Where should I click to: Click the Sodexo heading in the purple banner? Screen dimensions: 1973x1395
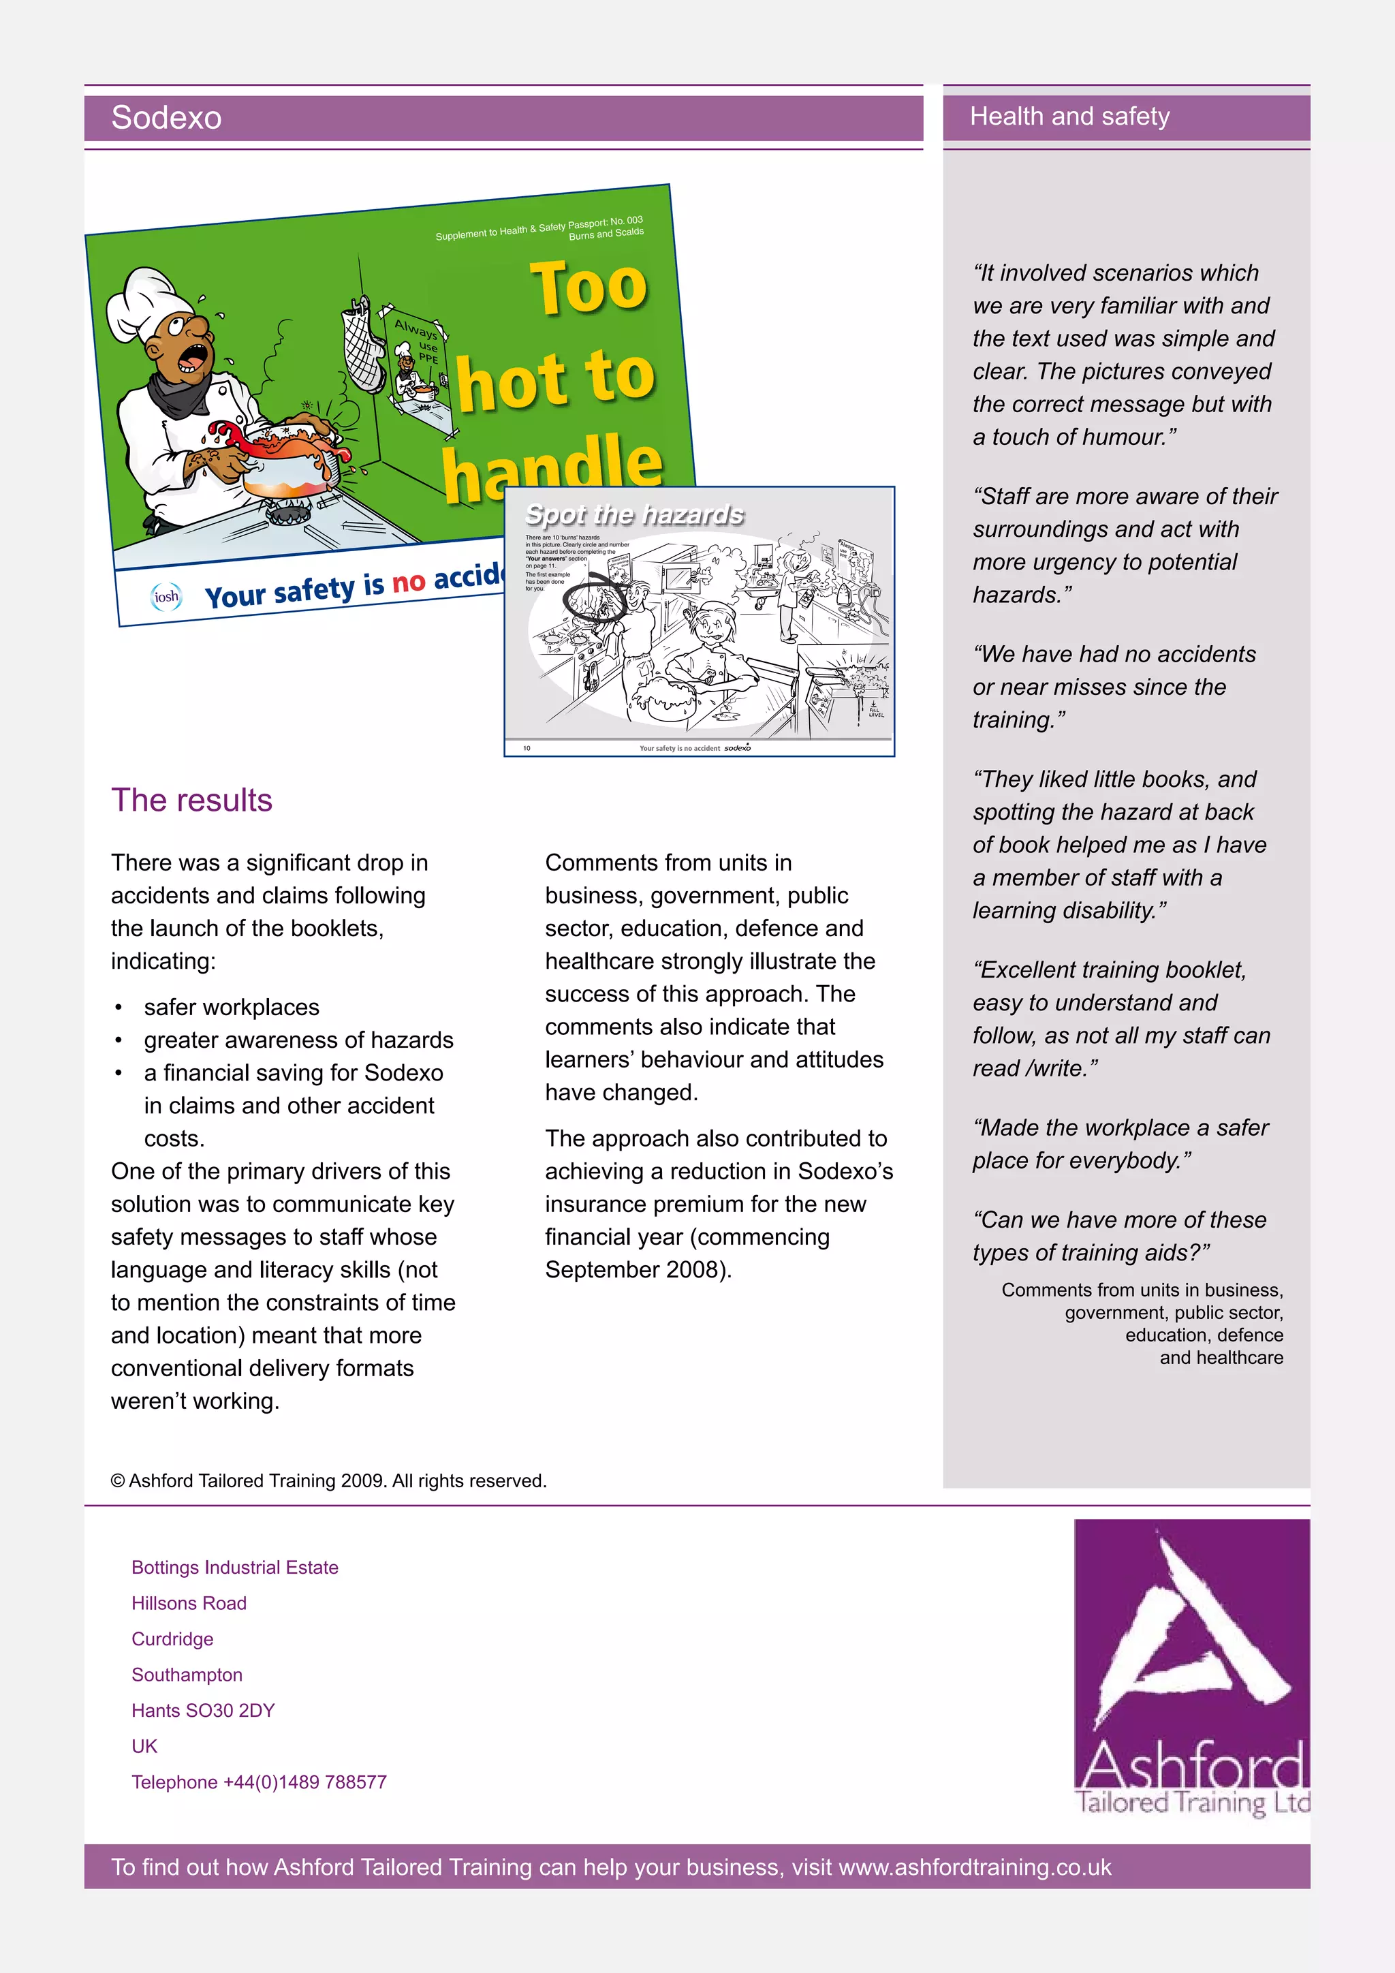pyautogui.click(x=167, y=118)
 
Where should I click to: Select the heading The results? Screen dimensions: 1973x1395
pyautogui.click(x=191, y=800)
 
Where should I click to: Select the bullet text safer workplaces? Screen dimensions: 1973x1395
pyautogui.click(x=232, y=1007)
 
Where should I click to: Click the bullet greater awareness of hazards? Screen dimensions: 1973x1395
pyautogui.click(x=298, y=1040)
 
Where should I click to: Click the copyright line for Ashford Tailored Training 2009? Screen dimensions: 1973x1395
pyautogui.click(x=329, y=1480)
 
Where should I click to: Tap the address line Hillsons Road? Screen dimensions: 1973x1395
pyautogui.click(x=189, y=1604)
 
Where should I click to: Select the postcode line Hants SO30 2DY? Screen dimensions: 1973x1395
pyautogui.click(x=203, y=1710)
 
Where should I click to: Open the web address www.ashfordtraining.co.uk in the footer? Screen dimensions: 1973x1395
pyautogui.click(x=974, y=1867)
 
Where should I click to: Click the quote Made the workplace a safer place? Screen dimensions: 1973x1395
pyautogui.click(x=1120, y=1144)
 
